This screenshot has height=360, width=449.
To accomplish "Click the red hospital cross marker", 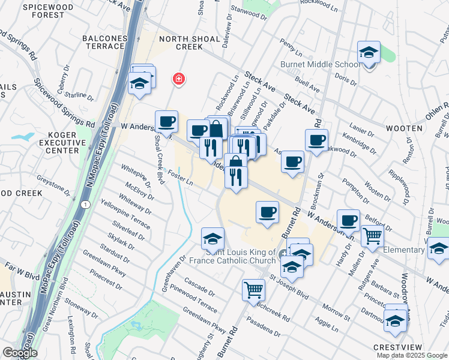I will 178,79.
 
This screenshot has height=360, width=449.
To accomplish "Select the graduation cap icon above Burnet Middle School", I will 369,52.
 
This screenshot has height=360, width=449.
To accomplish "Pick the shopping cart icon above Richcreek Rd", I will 254,290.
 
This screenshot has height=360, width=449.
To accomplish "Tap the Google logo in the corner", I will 19,353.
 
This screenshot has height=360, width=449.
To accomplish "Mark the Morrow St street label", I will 336,311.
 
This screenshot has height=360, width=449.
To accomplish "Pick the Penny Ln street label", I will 288,45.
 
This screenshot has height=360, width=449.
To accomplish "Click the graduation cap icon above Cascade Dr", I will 212,238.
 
